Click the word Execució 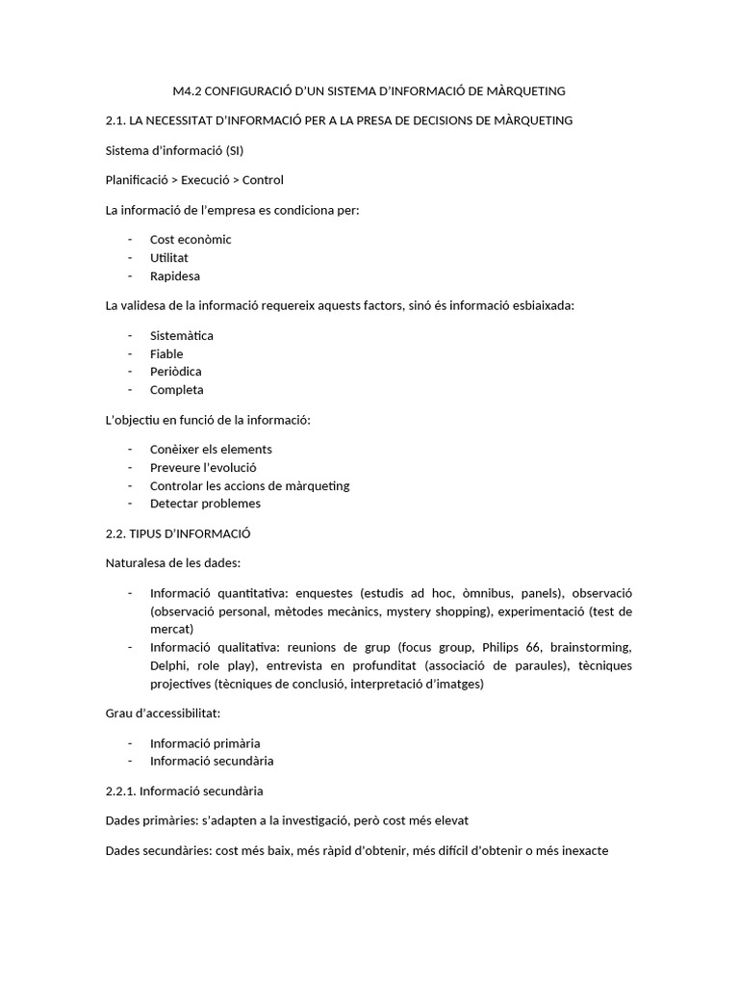click(209, 180)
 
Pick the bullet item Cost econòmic click(191, 240)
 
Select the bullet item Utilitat click(169, 258)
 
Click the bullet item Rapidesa click(175, 276)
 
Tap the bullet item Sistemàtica click(182, 336)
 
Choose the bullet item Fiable click(166, 354)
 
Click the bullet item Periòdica click(176, 372)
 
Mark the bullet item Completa click(177, 390)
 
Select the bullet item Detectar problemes click(205, 504)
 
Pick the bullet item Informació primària click(205, 743)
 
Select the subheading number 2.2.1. click(122, 791)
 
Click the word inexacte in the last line click(577, 851)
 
